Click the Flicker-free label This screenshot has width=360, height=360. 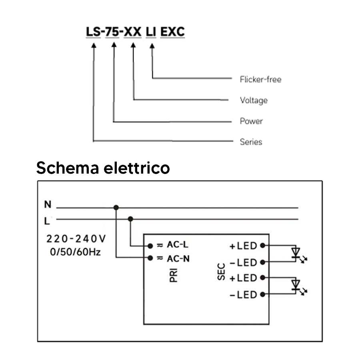260,80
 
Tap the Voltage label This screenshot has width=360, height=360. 254,100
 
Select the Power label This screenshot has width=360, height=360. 251,121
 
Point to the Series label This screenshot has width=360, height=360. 251,142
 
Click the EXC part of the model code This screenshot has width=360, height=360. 172,32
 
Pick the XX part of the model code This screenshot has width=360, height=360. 132,32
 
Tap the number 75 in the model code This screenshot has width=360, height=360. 112,32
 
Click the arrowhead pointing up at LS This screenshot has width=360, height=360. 94,46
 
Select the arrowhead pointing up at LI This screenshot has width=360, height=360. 152,46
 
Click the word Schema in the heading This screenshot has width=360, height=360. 68,168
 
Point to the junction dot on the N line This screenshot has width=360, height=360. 116,208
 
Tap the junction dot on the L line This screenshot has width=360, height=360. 130,219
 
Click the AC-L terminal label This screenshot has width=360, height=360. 178,245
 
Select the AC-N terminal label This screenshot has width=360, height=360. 178,259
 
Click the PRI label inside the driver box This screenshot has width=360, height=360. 174,275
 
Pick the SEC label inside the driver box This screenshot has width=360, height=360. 221,272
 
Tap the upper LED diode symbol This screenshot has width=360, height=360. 298,254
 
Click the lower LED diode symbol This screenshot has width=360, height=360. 298,286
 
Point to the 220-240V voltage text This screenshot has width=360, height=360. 76,239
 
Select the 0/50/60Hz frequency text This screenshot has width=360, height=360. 75,252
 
